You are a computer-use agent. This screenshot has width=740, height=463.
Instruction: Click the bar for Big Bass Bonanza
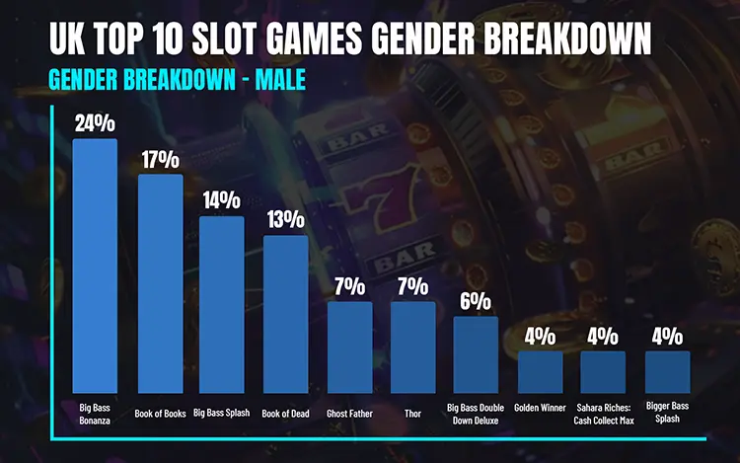point(95,267)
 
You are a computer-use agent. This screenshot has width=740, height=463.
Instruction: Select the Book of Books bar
point(159,284)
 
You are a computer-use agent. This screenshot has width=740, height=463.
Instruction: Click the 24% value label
point(95,123)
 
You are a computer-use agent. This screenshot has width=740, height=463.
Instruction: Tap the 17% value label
point(159,159)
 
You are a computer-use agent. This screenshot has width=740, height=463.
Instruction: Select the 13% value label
point(286,220)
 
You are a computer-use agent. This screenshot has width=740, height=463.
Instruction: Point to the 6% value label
point(477,301)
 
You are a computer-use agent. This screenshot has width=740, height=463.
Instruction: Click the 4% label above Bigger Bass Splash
point(667,336)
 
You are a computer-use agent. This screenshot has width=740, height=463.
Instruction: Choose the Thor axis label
point(412,414)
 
